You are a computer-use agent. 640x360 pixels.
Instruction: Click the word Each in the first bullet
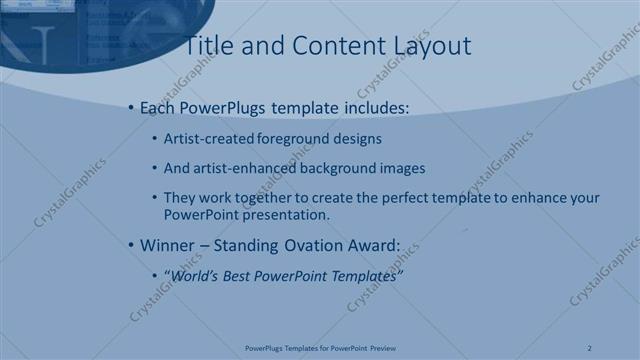[158, 107]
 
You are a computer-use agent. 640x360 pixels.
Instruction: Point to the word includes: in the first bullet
[375, 107]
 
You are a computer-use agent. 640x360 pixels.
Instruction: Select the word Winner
[167, 245]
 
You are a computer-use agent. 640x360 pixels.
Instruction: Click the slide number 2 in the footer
[590, 348]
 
